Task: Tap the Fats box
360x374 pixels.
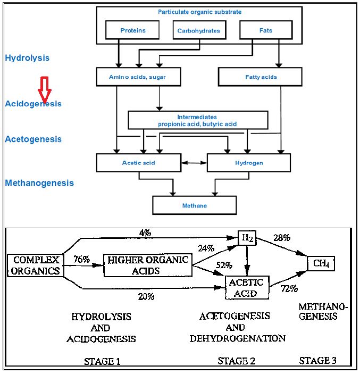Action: [x=265, y=30]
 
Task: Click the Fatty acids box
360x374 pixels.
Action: [x=261, y=77]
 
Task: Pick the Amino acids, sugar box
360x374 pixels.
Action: [x=138, y=77]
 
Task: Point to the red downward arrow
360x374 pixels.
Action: [x=46, y=89]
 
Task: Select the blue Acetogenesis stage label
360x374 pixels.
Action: [x=33, y=139]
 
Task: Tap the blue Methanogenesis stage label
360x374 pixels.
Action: [x=39, y=183]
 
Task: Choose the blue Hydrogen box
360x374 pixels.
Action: [x=248, y=163]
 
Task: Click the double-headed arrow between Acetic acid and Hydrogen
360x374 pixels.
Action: [x=194, y=162]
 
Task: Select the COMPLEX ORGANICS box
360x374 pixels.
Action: [x=36, y=265]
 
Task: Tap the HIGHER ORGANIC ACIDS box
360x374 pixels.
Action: [x=148, y=265]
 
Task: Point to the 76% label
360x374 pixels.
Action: [x=81, y=260]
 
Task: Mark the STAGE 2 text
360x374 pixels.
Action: [x=237, y=361]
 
